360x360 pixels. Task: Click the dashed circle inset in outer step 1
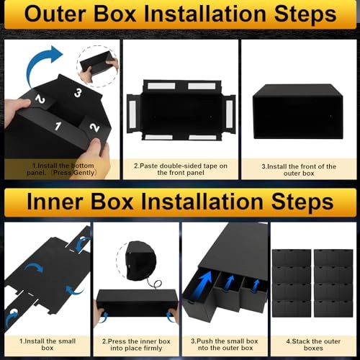97,61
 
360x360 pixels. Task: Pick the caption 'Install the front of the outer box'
299,170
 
